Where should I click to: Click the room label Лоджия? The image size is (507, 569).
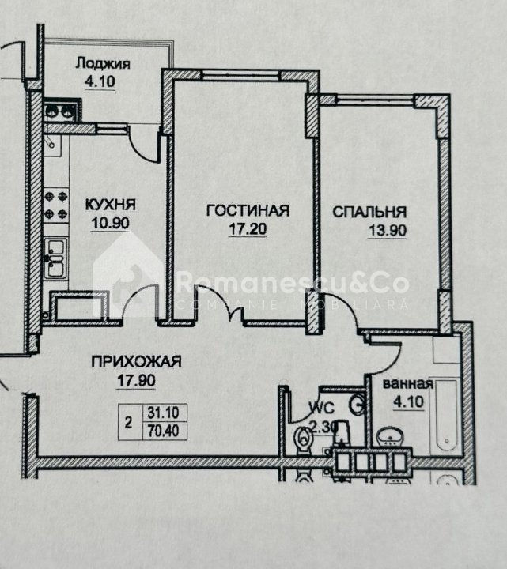(103, 64)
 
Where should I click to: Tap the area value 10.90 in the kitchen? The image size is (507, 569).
(110, 222)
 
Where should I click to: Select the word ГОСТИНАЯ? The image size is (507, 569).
(248, 210)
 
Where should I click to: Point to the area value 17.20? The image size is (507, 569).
(248, 228)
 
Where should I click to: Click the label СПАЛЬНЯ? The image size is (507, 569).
(369, 212)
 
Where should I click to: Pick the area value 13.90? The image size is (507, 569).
(388, 231)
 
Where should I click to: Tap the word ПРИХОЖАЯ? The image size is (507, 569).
(136, 361)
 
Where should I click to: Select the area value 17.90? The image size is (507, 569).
(136, 380)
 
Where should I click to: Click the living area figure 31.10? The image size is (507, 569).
(163, 413)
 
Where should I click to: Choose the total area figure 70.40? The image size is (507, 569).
(163, 431)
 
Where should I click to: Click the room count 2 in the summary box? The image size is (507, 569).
(128, 422)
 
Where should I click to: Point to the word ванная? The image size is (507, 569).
(408, 384)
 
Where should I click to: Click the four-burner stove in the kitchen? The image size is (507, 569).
(56, 205)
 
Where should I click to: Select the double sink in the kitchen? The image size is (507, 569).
(56, 258)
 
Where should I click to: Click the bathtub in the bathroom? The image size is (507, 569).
(446, 416)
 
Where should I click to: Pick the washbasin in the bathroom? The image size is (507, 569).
(390, 437)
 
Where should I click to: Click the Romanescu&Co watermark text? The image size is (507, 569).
(293, 283)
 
